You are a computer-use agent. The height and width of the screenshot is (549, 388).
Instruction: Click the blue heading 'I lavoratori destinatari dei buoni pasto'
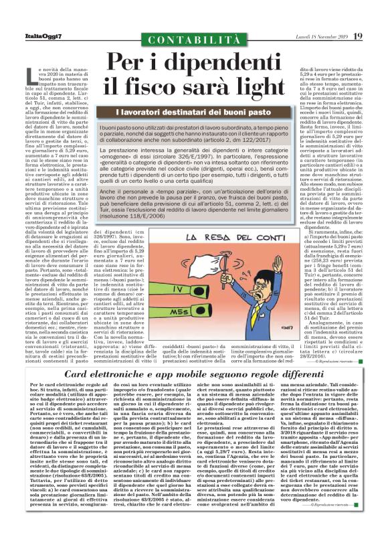[193, 114]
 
